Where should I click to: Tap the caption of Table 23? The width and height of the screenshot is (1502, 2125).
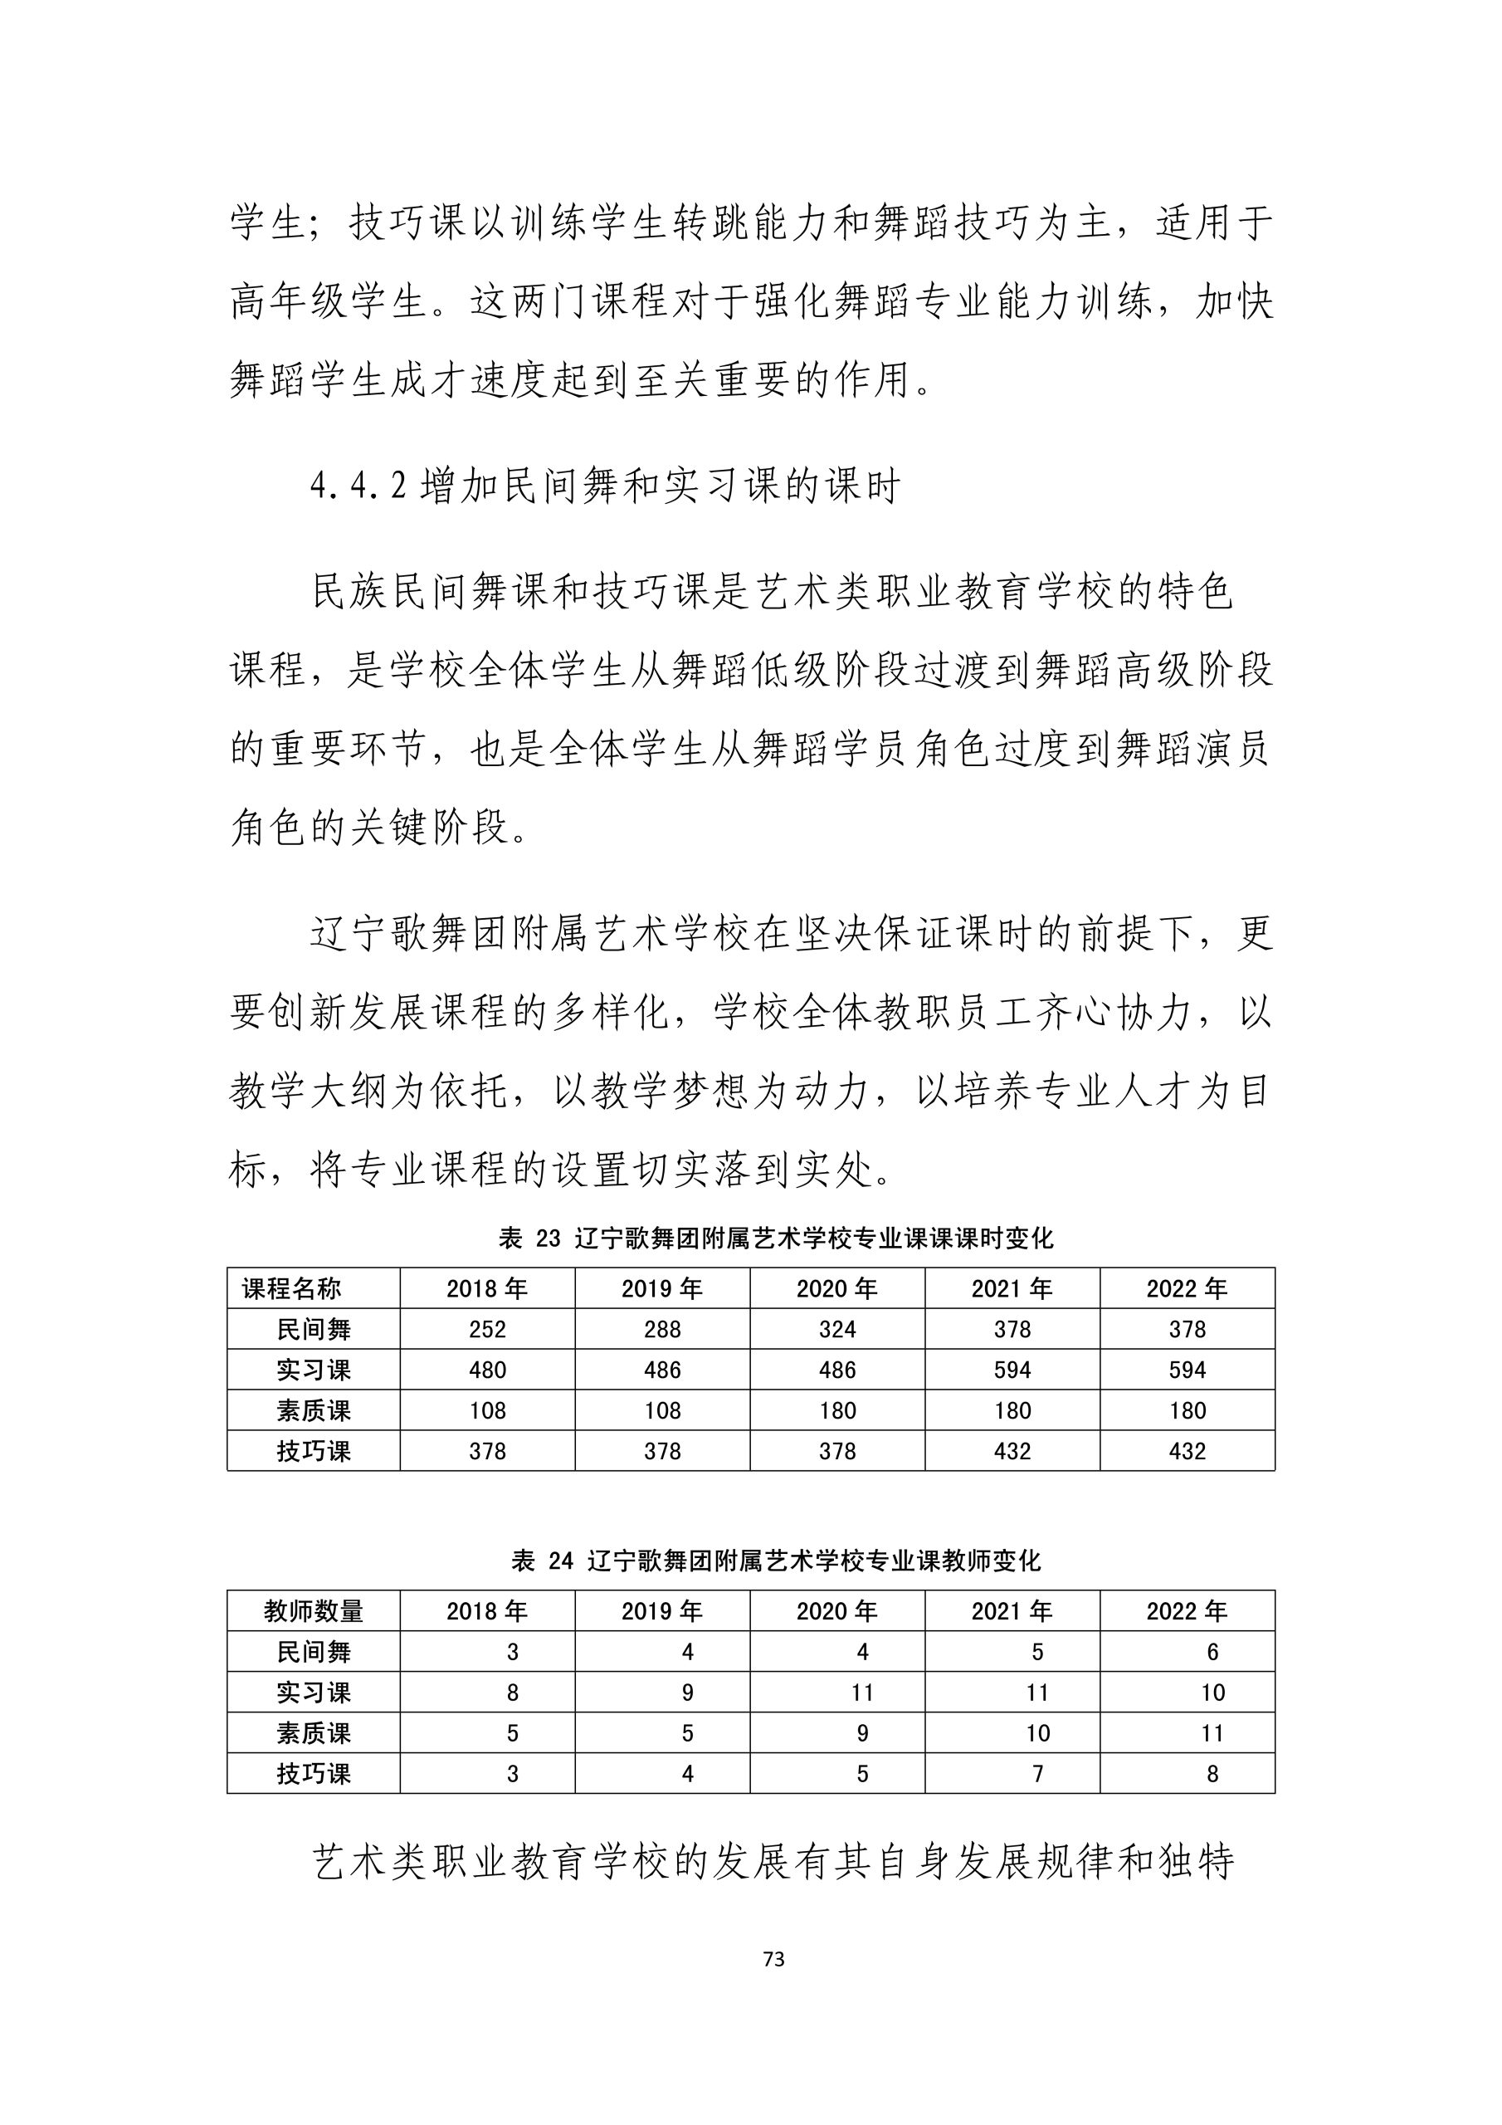coord(776,1238)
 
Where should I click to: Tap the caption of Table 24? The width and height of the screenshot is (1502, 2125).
coord(776,1561)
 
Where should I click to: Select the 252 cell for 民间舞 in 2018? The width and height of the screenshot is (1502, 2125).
coord(487,1329)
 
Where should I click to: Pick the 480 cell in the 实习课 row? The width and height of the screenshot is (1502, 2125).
coord(487,1370)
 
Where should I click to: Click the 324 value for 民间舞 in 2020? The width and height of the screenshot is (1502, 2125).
coord(836,1329)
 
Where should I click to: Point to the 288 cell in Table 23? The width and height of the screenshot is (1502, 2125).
coord(661,1329)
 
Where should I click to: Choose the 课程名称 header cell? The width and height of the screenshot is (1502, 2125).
coord(291,1288)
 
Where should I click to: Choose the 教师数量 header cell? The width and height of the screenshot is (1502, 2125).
coord(313,1611)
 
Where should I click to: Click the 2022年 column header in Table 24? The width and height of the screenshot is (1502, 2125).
coord(1187,1611)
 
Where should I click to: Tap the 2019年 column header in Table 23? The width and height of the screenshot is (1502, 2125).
coord(661,1288)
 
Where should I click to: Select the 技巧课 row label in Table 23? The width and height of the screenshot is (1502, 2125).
coord(313,1451)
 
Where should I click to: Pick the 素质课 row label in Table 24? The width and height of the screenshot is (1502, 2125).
coord(313,1733)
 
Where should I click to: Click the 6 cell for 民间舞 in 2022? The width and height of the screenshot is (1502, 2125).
coord(1212,1652)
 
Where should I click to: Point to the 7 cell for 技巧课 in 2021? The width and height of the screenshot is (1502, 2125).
coord(1037,1774)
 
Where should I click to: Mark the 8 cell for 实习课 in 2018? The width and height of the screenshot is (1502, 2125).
coord(512,1693)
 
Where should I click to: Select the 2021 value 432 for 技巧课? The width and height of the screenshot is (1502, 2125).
coord(1012,1451)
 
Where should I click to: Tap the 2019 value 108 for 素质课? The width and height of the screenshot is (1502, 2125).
coord(661,1410)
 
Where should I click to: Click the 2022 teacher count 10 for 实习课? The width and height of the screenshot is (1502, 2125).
coord(1212,1693)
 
